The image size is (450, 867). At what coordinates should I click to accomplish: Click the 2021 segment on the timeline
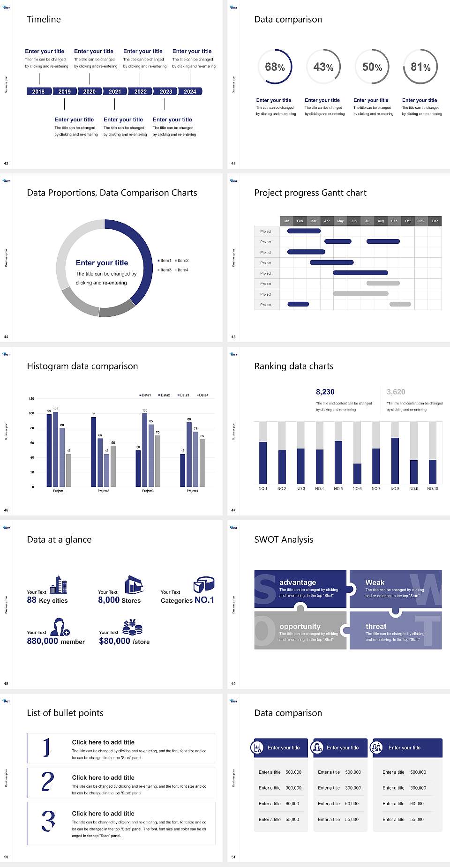115,91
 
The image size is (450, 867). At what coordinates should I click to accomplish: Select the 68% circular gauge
275,67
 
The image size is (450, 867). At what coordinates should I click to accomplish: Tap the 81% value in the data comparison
420,67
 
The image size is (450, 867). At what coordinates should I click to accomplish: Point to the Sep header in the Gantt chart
394,221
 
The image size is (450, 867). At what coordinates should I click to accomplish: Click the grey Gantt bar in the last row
400,304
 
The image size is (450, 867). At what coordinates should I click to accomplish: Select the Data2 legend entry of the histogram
164,395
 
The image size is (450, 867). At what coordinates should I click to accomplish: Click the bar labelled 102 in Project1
56,448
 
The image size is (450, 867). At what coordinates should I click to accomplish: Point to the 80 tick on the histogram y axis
32,428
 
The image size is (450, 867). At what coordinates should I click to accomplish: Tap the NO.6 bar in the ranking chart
357,473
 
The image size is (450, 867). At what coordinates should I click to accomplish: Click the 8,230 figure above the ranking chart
325,392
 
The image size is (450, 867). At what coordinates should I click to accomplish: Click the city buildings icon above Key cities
59,584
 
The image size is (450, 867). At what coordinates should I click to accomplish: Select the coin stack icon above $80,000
133,627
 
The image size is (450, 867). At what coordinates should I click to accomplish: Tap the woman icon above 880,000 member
60,627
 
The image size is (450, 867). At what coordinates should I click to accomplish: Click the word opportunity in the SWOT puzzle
300,626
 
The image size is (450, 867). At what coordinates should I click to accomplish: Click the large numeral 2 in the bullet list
48,782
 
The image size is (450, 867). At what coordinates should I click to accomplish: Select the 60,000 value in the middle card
352,803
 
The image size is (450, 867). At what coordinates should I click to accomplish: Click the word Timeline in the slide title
44,19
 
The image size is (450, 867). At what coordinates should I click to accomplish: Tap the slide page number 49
233,683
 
